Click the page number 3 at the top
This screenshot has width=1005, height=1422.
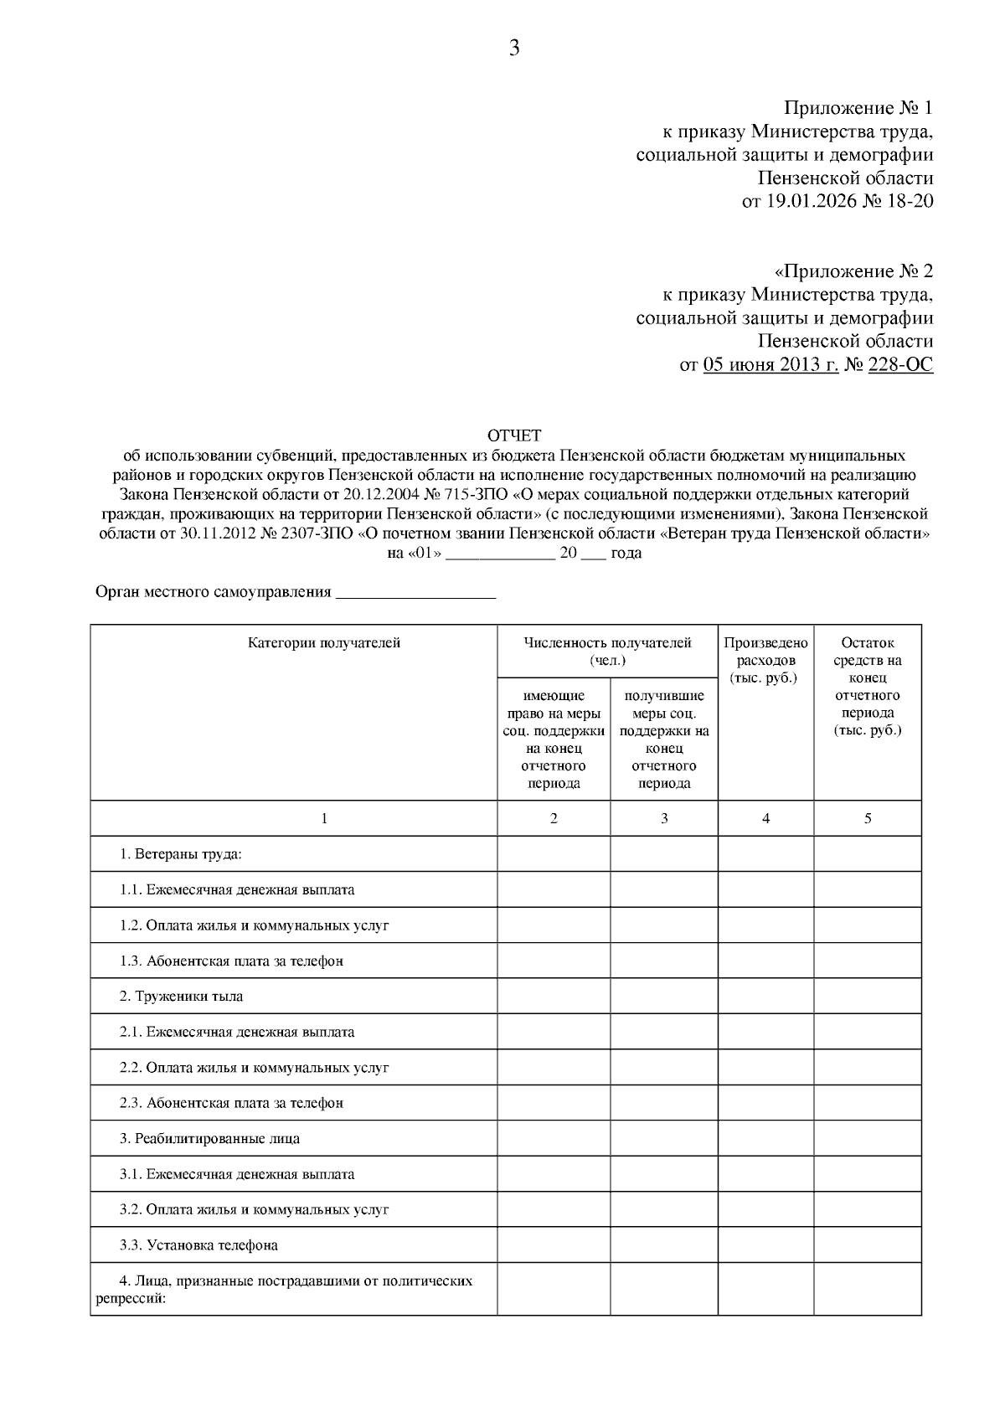click(x=514, y=49)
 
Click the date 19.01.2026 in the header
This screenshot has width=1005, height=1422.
click(x=809, y=201)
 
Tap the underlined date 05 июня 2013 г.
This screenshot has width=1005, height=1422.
click(x=770, y=365)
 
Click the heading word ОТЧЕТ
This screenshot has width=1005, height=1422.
click(x=514, y=435)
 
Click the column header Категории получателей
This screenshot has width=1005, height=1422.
click(x=324, y=643)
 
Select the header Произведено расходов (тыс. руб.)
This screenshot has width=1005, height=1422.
click(x=765, y=660)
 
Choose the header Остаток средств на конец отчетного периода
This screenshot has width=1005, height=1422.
click(x=867, y=686)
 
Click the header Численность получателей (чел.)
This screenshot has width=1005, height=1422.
click(x=607, y=652)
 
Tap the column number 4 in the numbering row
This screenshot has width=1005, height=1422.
click(x=765, y=818)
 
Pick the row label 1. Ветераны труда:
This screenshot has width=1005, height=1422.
click(x=180, y=854)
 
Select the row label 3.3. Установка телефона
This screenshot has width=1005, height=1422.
click(x=198, y=1245)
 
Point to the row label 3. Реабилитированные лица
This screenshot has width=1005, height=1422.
click(x=209, y=1139)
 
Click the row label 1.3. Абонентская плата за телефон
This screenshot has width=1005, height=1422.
click(x=231, y=961)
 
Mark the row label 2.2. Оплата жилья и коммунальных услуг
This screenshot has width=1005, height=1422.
click(x=254, y=1068)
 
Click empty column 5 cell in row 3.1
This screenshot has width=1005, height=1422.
click(x=867, y=1174)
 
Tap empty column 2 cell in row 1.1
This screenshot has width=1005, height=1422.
click(x=554, y=889)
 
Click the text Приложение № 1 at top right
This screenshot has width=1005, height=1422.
click(x=858, y=108)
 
